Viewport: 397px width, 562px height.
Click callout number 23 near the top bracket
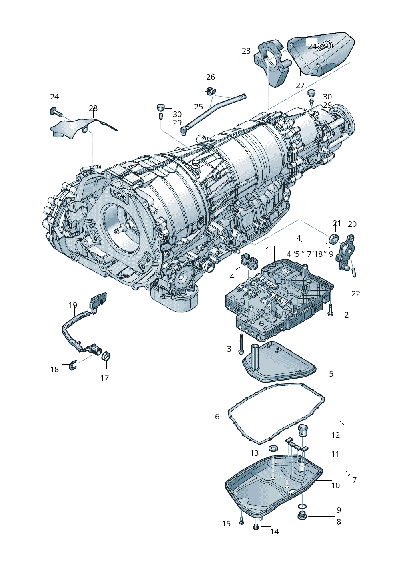[x=246, y=51]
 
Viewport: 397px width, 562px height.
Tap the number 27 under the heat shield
[x=300, y=85]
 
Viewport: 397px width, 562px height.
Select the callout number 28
[x=93, y=108]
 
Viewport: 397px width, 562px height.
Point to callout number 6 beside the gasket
[x=217, y=417]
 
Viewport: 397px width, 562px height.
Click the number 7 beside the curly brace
[x=355, y=480]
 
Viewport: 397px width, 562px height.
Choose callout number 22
[x=356, y=294]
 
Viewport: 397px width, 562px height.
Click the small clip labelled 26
[x=211, y=91]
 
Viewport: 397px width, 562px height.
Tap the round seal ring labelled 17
[x=106, y=356]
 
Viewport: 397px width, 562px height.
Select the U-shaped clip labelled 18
[x=72, y=365]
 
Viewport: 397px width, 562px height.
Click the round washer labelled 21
[x=333, y=239]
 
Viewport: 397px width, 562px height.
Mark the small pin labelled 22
[x=354, y=272]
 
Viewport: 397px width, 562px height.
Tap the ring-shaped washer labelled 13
[x=273, y=447]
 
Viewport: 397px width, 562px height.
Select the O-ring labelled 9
[x=303, y=506]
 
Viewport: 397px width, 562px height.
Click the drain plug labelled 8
[x=303, y=516]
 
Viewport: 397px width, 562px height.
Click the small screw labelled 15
[x=241, y=521]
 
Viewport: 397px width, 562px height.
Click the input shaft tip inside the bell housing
[x=117, y=231]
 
